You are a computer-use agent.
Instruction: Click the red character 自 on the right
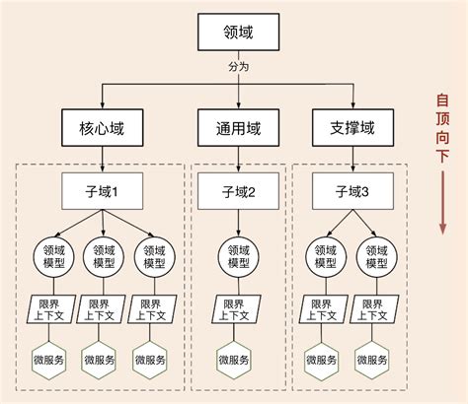coord(441,101)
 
